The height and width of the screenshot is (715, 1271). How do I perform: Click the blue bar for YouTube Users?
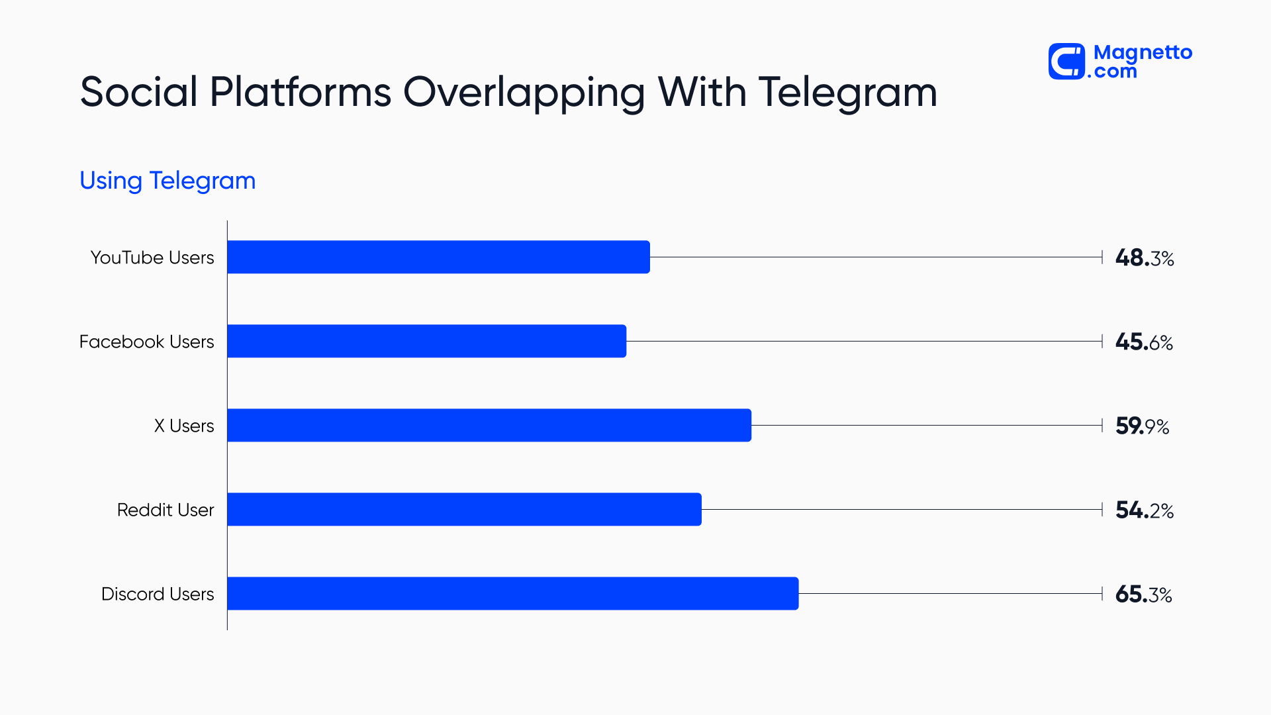(x=438, y=257)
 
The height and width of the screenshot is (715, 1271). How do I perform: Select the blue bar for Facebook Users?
(x=426, y=341)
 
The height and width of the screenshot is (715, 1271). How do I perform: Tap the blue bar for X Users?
(x=489, y=425)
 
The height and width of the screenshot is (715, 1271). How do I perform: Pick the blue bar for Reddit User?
(x=464, y=509)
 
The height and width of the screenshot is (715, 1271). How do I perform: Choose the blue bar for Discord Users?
(x=512, y=593)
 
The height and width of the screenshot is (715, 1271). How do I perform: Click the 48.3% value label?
(x=1144, y=258)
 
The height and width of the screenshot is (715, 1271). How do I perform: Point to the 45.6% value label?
(x=1143, y=342)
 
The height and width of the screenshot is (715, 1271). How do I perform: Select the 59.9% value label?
(x=1142, y=426)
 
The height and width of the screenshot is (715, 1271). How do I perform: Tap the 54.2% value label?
(x=1144, y=510)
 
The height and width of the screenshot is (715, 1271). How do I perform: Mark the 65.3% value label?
(x=1143, y=594)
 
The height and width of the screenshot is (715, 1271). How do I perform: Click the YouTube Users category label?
(x=152, y=258)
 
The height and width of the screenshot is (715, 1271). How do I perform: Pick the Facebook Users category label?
(x=146, y=342)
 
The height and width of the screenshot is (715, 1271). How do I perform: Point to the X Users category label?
(x=184, y=426)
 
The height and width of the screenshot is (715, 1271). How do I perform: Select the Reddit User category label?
(x=165, y=510)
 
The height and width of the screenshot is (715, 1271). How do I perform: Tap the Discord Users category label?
(x=158, y=594)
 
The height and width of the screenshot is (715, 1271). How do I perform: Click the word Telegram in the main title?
(x=847, y=93)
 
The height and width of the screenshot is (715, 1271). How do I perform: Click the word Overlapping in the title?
(x=523, y=93)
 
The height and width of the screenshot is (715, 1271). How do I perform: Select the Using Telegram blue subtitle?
(x=167, y=180)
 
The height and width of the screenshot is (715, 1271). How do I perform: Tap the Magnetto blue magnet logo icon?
(x=1066, y=62)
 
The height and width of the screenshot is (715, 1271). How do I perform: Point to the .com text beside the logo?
(x=1113, y=71)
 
